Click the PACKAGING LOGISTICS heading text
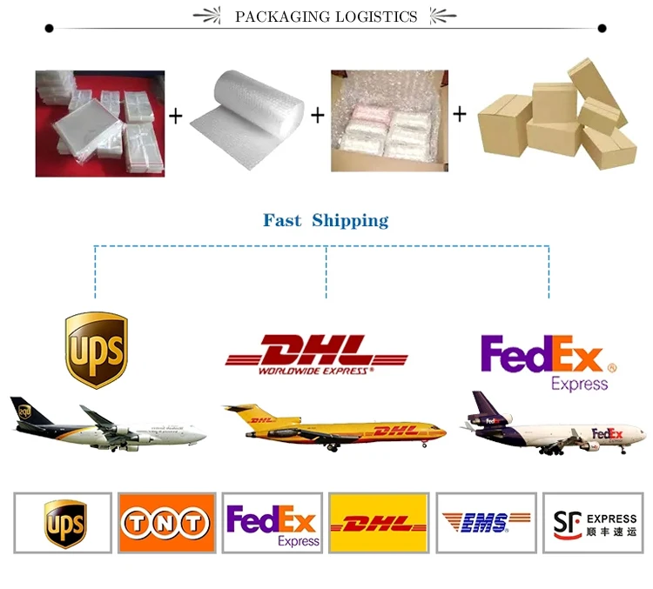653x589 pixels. [326, 17]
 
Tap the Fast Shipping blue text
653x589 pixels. [326, 221]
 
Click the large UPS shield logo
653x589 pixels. [96, 351]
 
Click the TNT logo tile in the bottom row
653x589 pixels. [166, 522]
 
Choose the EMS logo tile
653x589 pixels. [486, 522]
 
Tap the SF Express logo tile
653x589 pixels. [591, 522]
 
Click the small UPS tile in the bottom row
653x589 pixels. [64, 523]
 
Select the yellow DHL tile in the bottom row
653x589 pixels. [379, 522]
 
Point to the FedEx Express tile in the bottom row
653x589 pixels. [273, 523]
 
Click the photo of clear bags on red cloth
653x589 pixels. [99, 124]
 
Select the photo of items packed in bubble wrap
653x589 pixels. [389, 122]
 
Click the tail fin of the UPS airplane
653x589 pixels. [24, 412]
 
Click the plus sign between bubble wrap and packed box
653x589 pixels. [317, 115]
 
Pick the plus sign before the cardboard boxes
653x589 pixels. [460, 114]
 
